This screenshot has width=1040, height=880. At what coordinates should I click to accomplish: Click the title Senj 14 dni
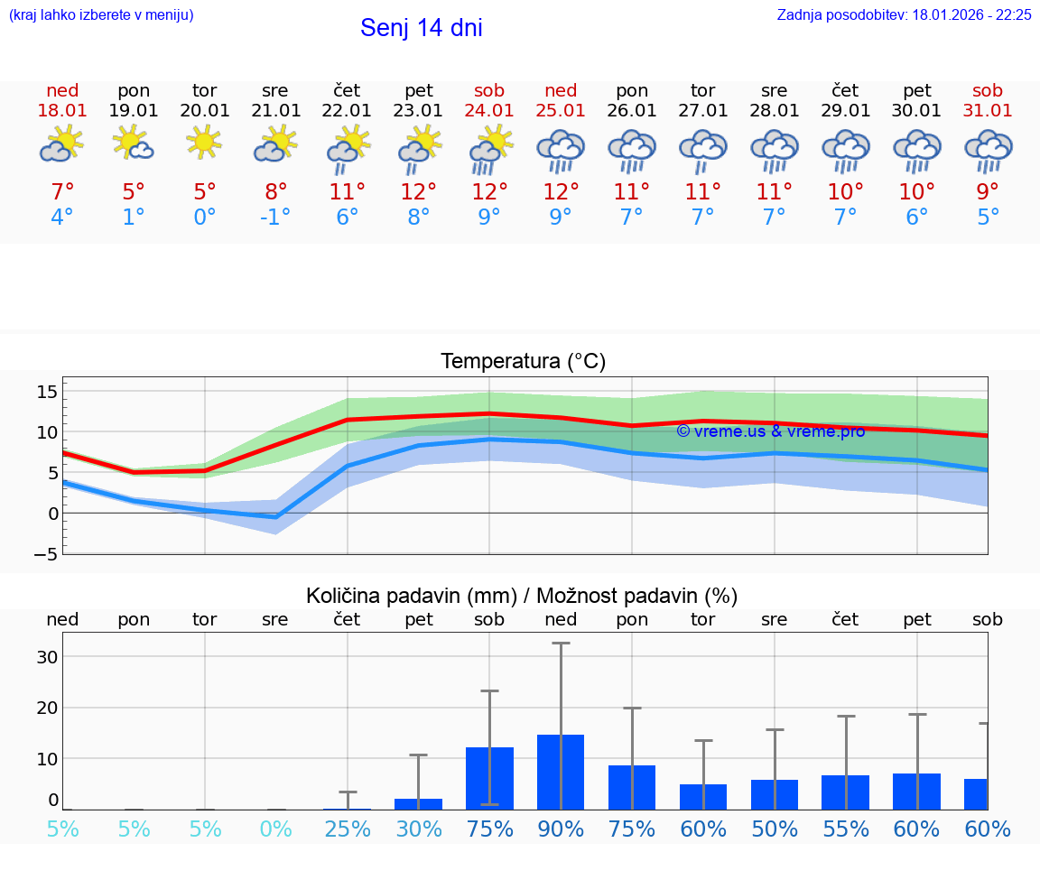pyautogui.click(x=421, y=28)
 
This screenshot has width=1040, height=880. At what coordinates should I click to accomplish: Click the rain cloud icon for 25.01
pyautogui.click(x=561, y=150)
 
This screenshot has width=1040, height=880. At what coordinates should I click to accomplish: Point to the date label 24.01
pyautogui.click(x=489, y=111)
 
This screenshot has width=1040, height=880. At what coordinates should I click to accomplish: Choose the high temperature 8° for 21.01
pyautogui.click(x=276, y=191)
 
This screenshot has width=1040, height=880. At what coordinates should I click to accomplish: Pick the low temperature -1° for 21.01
pyautogui.click(x=276, y=218)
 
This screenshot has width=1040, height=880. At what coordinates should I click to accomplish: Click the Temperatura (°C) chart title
pyautogui.click(x=523, y=362)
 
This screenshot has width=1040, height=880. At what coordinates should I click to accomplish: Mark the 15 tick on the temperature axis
pyautogui.click(x=47, y=392)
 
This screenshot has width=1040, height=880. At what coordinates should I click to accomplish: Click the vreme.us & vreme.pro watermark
pyautogui.click(x=770, y=431)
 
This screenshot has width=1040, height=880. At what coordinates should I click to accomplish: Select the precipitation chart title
pyautogui.click(x=522, y=596)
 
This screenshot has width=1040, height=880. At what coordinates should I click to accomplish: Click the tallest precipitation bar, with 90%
pyautogui.click(x=561, y=772)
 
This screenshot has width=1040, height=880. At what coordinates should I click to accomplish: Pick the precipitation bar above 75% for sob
pyautogui.click(x=489, y=778)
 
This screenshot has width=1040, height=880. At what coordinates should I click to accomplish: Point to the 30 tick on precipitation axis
pyautogui.click(x=47, y=657)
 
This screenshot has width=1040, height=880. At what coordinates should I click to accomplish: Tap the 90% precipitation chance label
pyautogui.click(x=561, y=829)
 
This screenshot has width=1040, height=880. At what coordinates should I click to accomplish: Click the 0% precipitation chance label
pyautogui.click(x=276, y=829)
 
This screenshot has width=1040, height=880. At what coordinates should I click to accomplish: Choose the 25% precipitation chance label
pyautogui.click(x=348, y=829)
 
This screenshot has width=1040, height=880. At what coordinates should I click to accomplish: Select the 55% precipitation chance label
pyautogui.click(x=846, y=829)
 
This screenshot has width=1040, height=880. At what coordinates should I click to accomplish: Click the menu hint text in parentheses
pyautogui.click(x=101, y=14)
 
